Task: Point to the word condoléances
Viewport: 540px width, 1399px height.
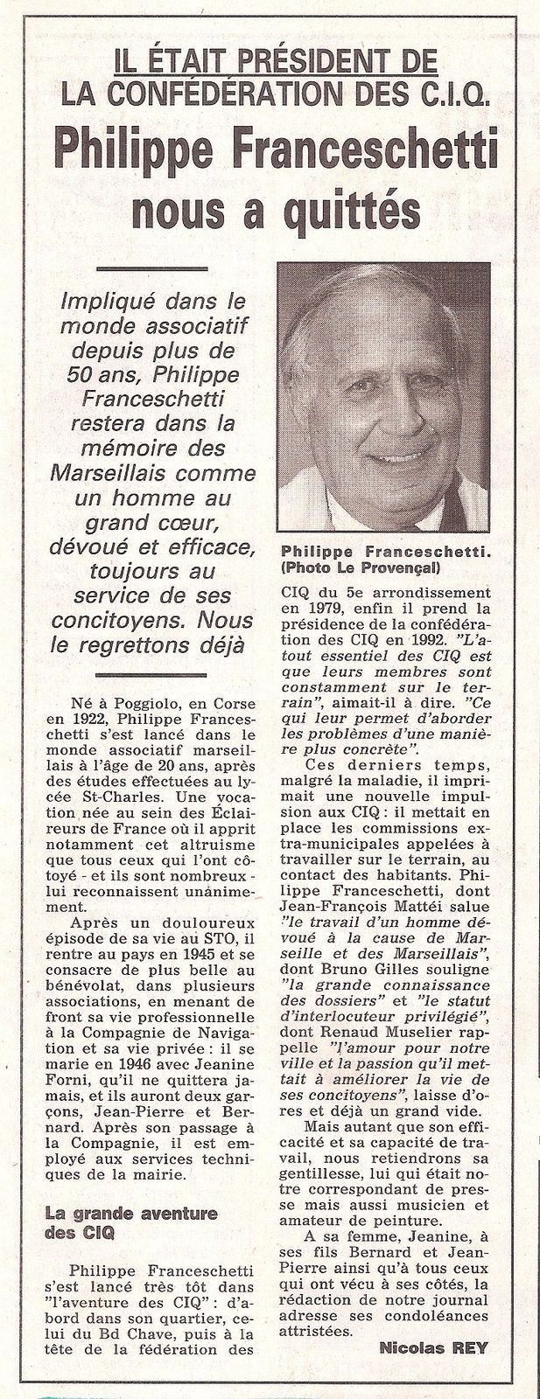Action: tap(419, 1313)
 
